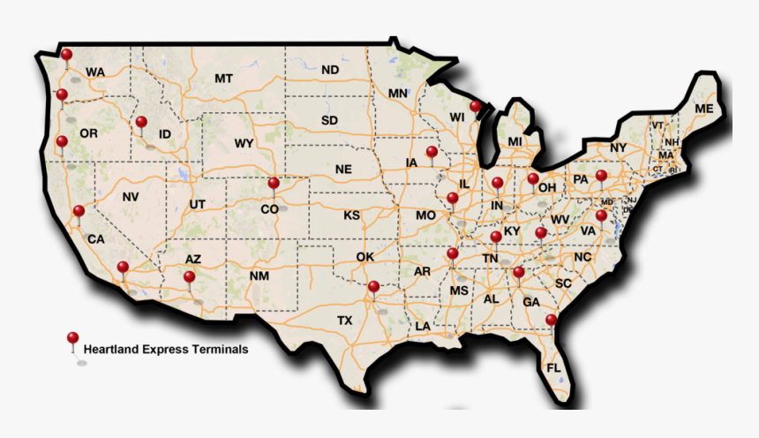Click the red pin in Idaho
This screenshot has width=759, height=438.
coord(141,122)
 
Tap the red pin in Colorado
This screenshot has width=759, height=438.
coord(274,184)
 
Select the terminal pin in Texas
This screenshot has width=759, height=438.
coord(374,286)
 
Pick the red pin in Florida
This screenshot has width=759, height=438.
coord(552,320)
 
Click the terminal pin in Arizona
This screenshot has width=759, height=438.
coord(189,277)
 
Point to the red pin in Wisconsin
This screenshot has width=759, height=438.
coord(476,107)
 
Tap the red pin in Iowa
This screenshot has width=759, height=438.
coord(432,152)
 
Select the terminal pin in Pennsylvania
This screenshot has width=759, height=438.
coord(601,176)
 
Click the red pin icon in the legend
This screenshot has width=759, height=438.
coord(73,338)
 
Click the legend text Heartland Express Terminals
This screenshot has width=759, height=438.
coord(165,350)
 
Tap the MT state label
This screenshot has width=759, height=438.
coord(223,79)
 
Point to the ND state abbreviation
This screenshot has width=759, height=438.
coord(330,70)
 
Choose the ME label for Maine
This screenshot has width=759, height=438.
coord(703,109)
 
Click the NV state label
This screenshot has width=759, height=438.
coord(131,197)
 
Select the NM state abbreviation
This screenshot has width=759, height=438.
coord(259,276)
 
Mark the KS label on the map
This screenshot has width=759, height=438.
coord(351,215)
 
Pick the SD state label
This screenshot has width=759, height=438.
coord(329,120)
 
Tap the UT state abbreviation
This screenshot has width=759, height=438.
coord(198,205)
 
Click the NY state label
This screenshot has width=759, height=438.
coord(618,147)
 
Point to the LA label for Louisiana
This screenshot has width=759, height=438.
coord(424,326)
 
